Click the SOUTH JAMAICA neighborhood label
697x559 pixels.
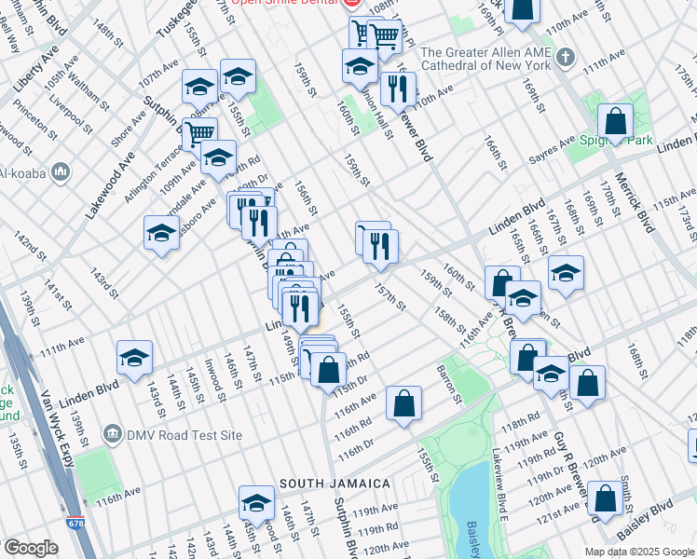(334, 484)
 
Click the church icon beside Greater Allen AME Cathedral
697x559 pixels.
(565, 59)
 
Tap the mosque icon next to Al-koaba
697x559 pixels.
(61, 172)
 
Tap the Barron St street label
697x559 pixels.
(450, 384)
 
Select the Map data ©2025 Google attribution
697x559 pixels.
(638, 552)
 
